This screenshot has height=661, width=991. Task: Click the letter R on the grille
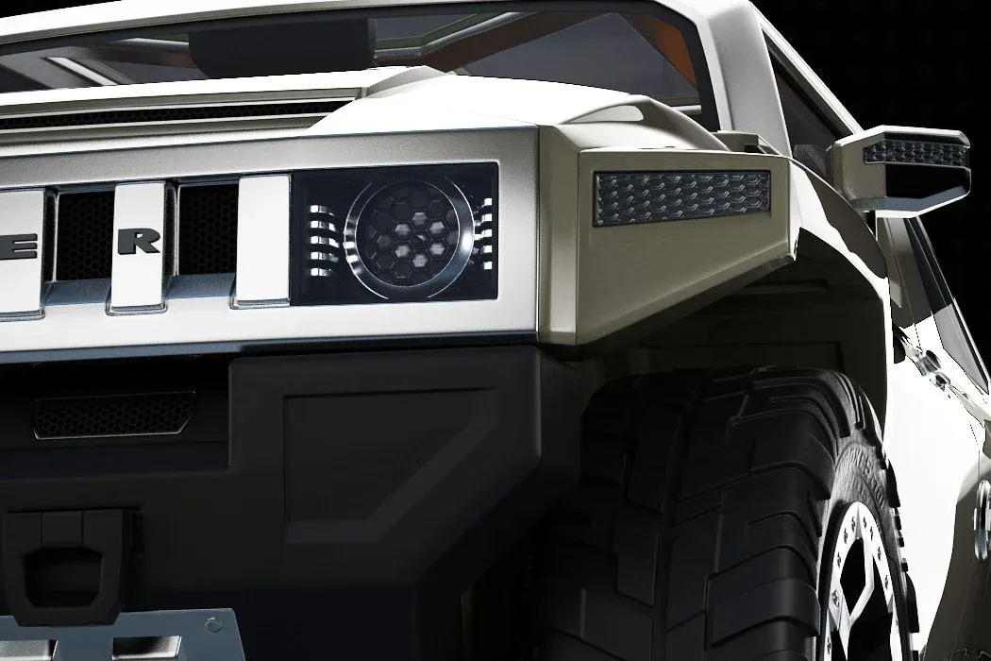coord(139,241)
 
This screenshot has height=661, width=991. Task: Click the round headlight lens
coord(408,232)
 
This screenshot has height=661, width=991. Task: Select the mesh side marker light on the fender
coord(681,196)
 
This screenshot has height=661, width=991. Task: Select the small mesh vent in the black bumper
coord(114,413)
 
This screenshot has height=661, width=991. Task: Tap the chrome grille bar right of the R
coord(261,241)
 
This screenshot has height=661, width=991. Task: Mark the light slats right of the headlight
coord(485,231)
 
